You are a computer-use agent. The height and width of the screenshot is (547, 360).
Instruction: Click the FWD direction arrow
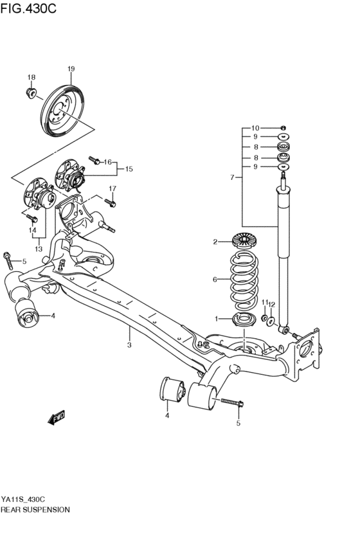coord(57,418)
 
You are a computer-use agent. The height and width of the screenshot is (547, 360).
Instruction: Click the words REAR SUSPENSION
coord(35,508)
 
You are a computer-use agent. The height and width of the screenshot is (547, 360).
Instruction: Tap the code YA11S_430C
coord(23,499)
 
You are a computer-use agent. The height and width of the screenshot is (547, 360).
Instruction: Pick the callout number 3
coord(129,345)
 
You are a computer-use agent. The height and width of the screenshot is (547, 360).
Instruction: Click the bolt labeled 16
coord(94,157)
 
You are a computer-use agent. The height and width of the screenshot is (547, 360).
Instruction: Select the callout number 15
coord(129,169)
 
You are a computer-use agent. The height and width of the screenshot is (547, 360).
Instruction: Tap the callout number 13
coord(39,249)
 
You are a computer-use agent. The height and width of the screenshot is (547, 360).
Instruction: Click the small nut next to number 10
coord(283,128)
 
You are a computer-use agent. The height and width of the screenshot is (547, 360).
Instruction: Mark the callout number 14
coord(32,229)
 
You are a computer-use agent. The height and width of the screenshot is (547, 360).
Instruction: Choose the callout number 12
coord(272,303)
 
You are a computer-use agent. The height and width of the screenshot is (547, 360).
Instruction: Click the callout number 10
coord(255,128)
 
